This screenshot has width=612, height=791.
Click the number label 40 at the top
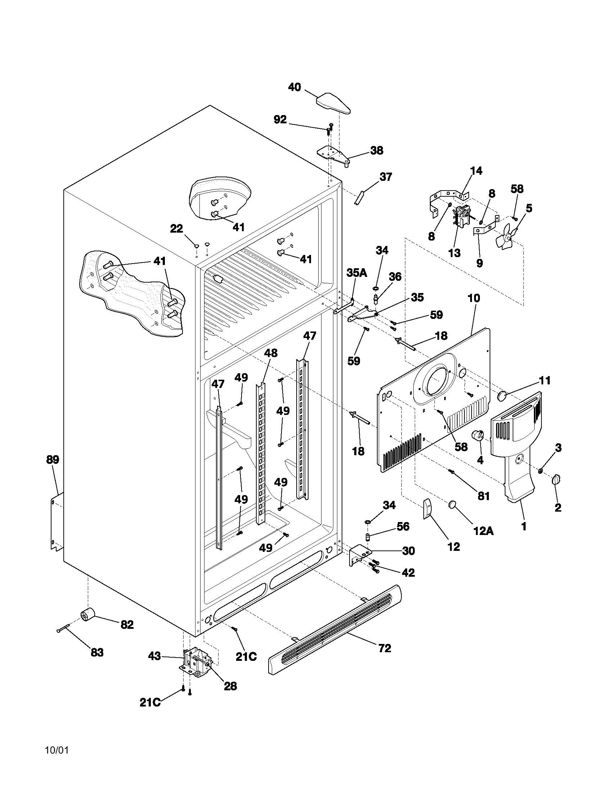pyautogui.click(x=294, y=87)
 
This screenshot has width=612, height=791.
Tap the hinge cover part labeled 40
pyautogui.click(x=333, y=104)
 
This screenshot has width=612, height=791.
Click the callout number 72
pyautogui.click(x=385, y=648)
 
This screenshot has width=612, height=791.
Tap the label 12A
pyautogui.click(x=483, y=531)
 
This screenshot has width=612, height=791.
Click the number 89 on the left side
pyautogui.click(x=53, y=460)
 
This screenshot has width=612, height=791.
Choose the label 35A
pyautogui.click(x=356, y=273)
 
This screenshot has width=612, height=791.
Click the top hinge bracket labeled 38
pyautogui.click(x=333, y=155)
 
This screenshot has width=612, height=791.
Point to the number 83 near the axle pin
pyautogui.click(x=97, y=652)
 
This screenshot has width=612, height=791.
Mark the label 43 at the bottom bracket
pyautogui.click(x=155, y=656)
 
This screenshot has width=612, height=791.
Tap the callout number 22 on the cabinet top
pyautogui.click(x=176, y=229)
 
